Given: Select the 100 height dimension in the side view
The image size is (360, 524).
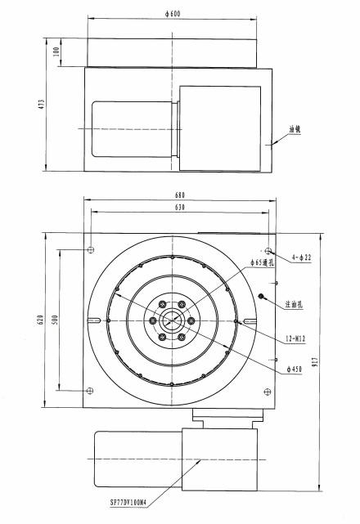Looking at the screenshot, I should click(x=56, y=52).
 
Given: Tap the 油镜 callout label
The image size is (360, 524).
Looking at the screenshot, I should click(x=295, y=129).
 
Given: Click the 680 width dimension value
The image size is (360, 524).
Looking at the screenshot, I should click(x=180, y=195).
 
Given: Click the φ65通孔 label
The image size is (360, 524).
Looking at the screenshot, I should click(x=266, y=262).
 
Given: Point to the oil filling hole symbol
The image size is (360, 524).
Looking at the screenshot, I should click(x=261, y=296).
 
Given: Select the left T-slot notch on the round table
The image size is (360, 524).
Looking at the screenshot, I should click(x=97, y=320).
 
